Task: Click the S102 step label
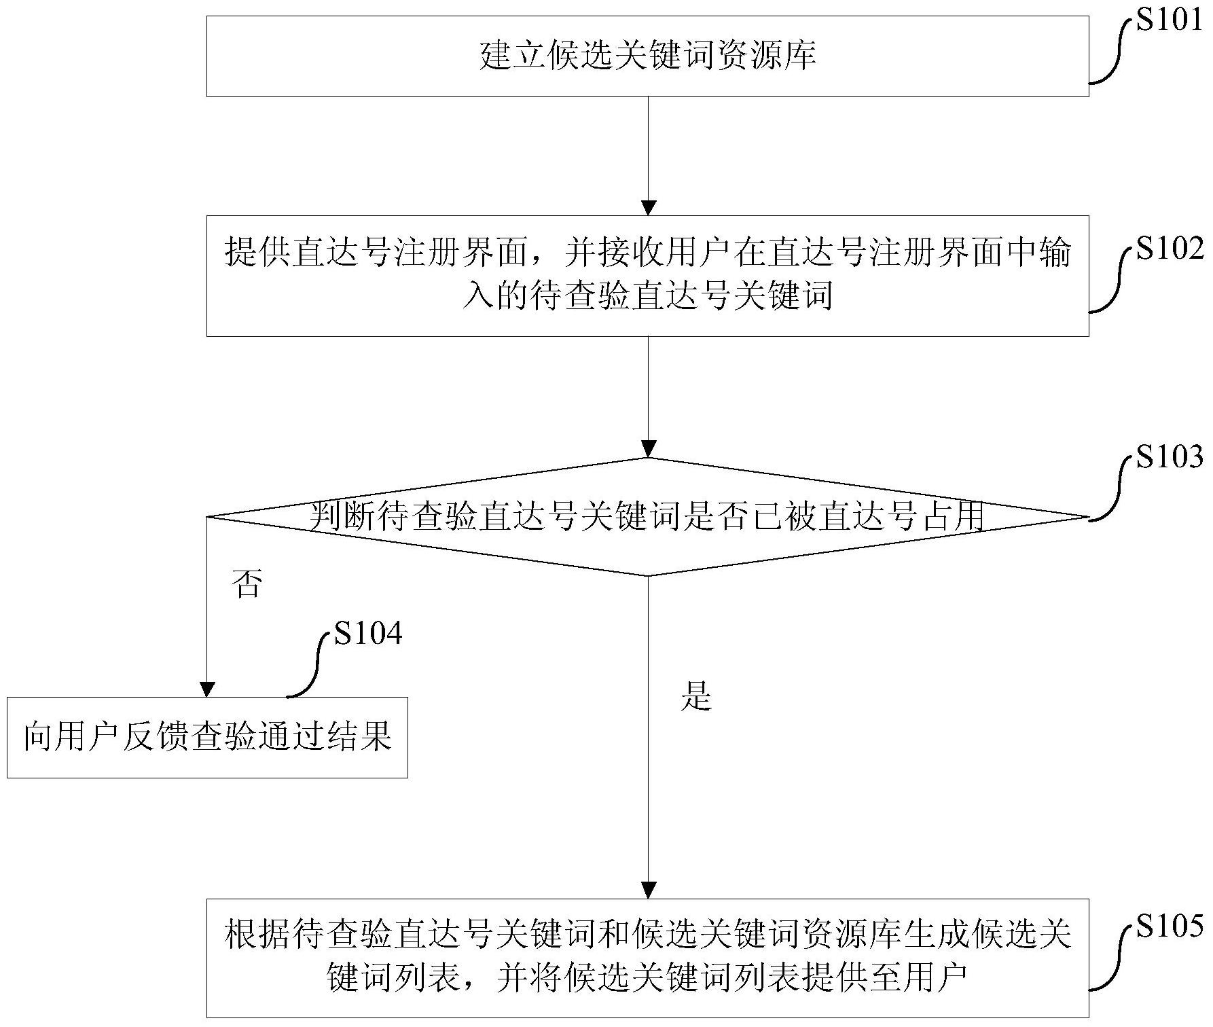pos(1170,249)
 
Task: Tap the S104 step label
pos(368,633)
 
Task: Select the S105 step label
pos(1170,926)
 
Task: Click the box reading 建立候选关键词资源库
pos(647,56)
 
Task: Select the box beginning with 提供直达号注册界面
pos(647,276)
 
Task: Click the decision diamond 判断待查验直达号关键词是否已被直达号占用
pos(647,517)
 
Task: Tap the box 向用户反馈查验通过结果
pos(207,737)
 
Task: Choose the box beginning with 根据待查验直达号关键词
pos(647,958)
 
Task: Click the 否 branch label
pos(246,583)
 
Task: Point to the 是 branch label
pos(695,696)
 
